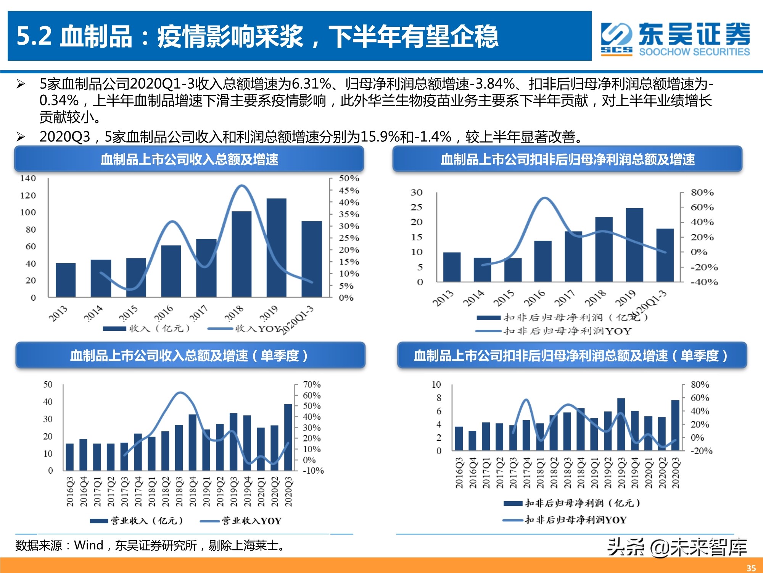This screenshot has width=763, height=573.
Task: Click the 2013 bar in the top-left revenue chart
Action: coord(66,280)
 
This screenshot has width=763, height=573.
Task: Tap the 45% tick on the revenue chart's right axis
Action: coord(349,190)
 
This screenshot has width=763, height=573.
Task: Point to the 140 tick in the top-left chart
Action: coord(28,178)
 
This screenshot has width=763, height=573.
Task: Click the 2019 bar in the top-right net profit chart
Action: coord(634,245)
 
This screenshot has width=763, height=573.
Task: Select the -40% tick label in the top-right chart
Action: coord(704,282)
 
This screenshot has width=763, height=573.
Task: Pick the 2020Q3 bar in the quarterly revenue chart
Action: coord(288,437)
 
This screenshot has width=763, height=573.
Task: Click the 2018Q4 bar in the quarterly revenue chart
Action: coord(192,442)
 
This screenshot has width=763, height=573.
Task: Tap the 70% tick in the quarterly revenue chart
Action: coord(311,384)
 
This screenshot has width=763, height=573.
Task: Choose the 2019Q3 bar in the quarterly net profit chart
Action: coord(621,424)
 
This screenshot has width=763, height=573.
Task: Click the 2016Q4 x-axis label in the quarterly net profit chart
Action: coord(473,473)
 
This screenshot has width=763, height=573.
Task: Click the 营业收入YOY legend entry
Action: coord(251,521)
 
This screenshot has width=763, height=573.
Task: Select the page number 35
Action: coord(751,568)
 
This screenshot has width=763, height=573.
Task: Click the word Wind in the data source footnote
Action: coord(89,545)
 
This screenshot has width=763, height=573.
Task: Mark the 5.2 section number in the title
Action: coord(34,36)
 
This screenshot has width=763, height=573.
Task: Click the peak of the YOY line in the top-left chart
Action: coord(241,186)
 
